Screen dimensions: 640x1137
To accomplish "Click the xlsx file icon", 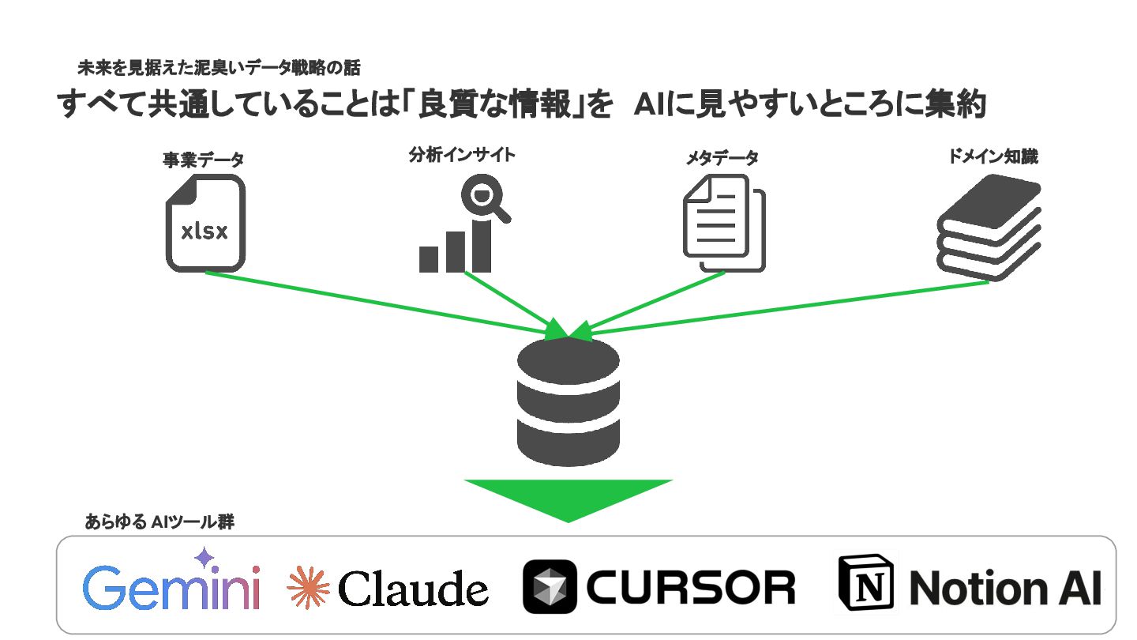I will pyautogui.click(x=205, y=224).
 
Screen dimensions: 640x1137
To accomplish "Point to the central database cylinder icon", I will pyautogui.click(x=568, y=403).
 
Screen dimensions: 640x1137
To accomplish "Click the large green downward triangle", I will pyautogui.click(x=568, y=498).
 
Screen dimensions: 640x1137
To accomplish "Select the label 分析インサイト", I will pyautogui.click(x=462, y=155).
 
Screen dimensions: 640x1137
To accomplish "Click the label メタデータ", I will pyautogui.click(x=722, y=158).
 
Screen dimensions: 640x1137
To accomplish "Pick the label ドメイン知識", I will pyautogui.click(x=993, y=156).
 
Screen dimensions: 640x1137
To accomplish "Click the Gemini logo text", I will pyautogui.click(x=171, y=588).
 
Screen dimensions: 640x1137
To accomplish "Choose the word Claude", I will pyautogui.click(x=413, y=589).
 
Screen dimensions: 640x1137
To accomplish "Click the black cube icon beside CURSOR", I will pyautogui.click(x=550, y=587).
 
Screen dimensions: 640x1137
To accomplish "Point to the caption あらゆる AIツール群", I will pyautogui.click(x=160, y=522).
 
